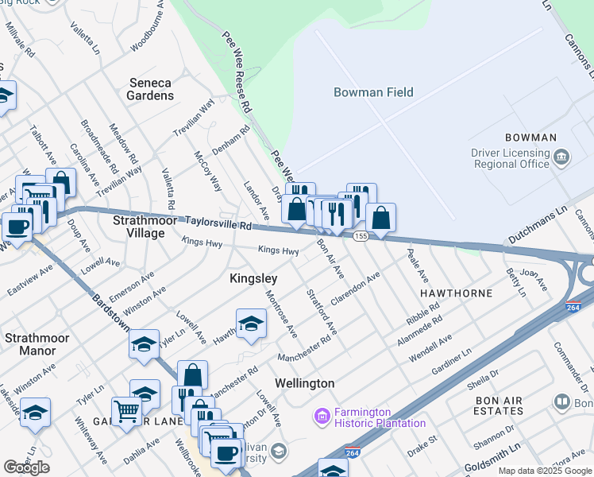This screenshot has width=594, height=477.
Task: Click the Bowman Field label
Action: [x=373, y=92]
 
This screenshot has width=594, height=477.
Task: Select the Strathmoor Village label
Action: [x=138, y=226]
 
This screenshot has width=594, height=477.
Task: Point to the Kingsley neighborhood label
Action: [x=253, y=278]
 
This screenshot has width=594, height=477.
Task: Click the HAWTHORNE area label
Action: [x=456, y=293]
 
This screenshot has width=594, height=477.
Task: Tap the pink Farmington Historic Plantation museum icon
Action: [x=322, y=416]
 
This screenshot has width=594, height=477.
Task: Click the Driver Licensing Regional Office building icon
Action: [x=561, y=157]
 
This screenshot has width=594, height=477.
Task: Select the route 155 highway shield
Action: [x=361, y=236]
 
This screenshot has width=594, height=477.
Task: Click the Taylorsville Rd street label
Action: [x=218, y=223]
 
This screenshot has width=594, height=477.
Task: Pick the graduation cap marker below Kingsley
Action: [x=251, y=324]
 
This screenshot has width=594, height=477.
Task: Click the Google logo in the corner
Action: [x=27, y=467]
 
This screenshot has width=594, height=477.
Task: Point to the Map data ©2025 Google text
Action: [x=545, y=471]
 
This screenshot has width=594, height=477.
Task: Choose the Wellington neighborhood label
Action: [x=304, y=383]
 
